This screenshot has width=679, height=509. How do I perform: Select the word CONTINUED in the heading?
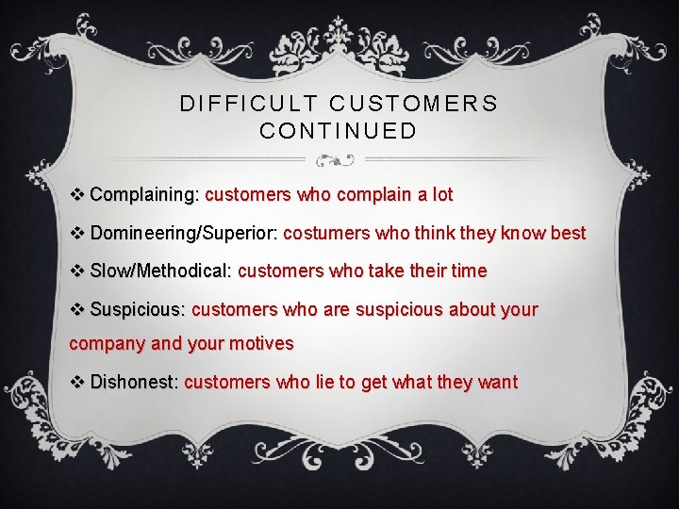tap(339, 131)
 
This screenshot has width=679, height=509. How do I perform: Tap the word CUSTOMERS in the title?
tap(414, 103)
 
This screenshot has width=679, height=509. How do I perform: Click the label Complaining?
tap(144, 195)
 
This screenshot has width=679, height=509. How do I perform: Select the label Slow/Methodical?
tap(160, 271)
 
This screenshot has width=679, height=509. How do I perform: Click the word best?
tap(568, 233)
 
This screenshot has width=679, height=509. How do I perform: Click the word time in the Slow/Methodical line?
tap(469, 271)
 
